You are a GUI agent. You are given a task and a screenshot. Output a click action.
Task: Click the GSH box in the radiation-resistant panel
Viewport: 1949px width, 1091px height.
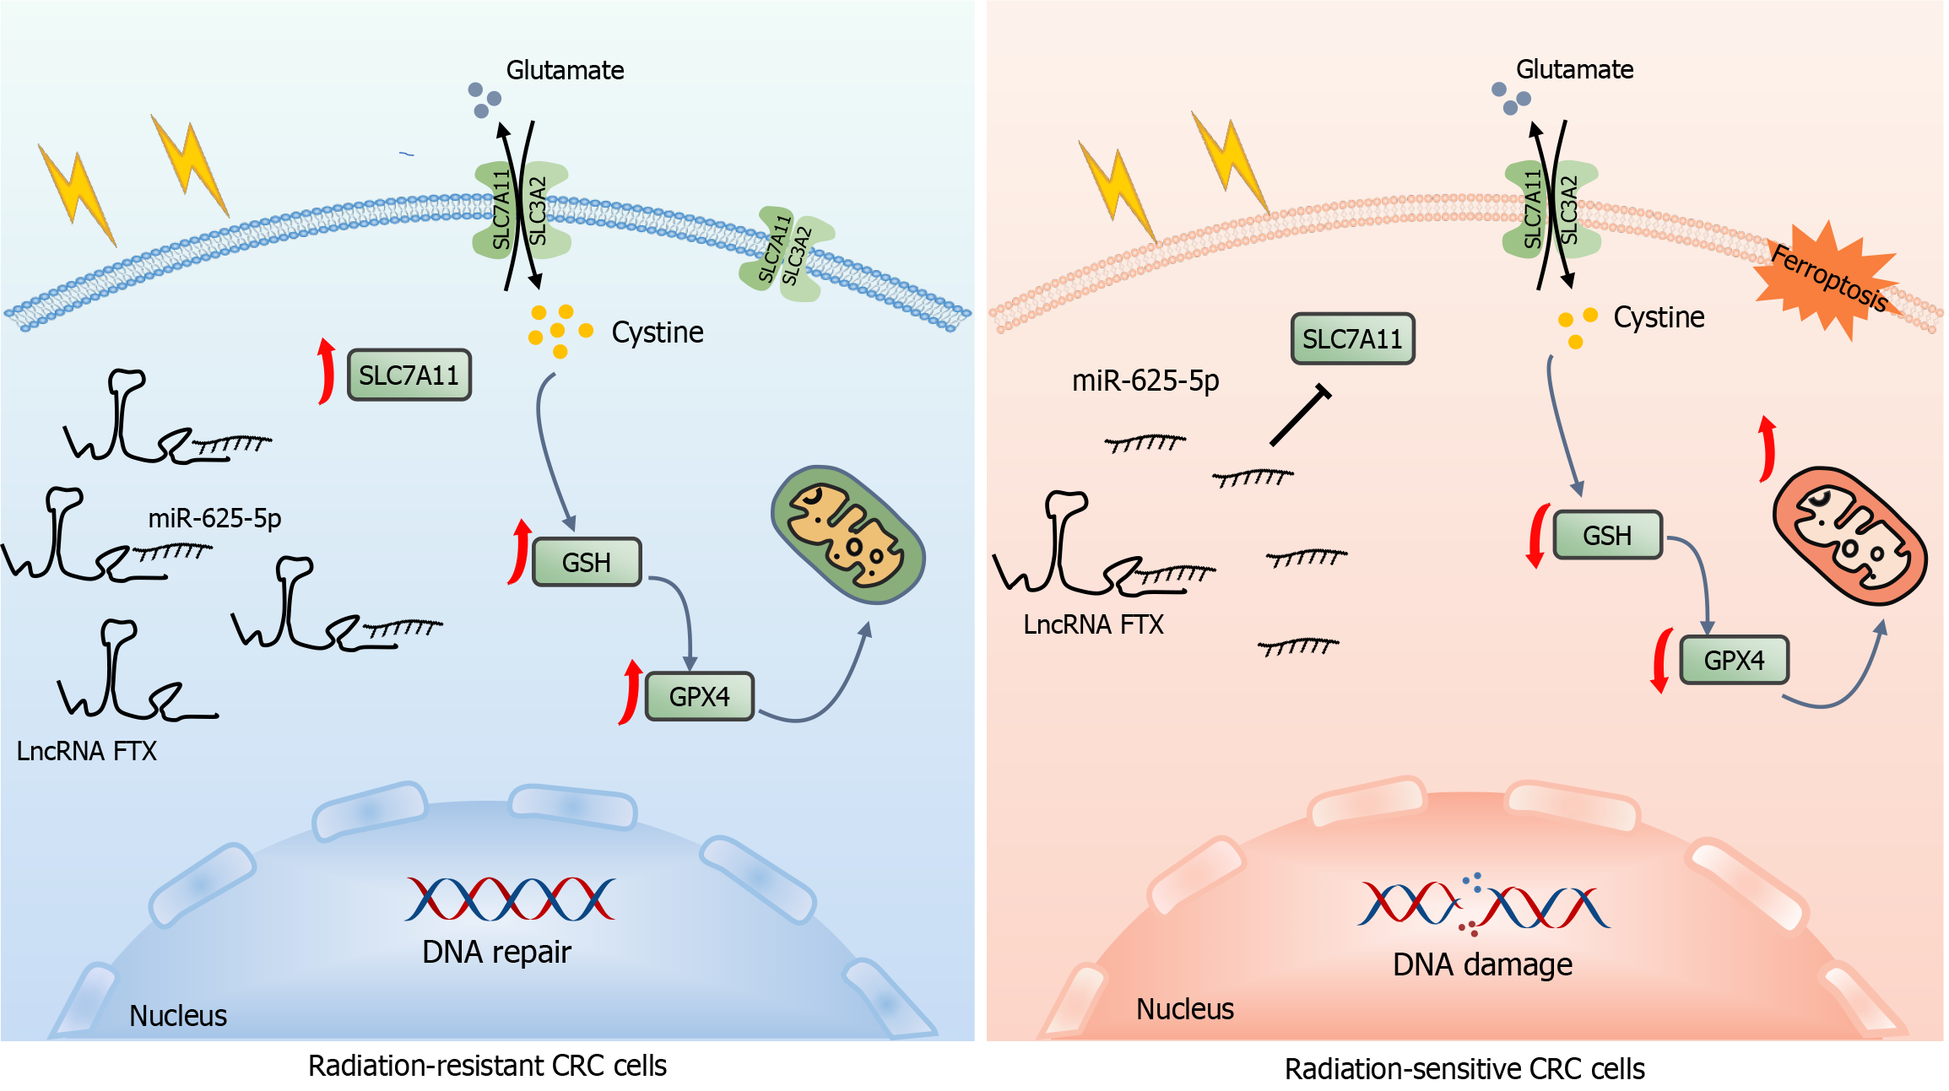tap(587, 562)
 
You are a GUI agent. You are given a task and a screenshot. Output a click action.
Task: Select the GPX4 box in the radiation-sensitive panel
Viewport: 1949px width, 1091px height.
tap(1734, 660)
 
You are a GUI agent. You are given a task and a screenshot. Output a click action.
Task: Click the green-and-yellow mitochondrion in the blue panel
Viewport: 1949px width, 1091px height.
tap(847, 534)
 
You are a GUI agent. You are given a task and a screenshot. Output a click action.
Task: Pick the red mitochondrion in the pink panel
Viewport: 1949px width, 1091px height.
tap(1849, 536)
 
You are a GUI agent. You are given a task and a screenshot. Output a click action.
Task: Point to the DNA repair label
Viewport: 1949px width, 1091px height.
tap(496, 952)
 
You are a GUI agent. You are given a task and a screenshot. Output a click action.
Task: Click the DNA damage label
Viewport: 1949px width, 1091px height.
tap(1482, 964)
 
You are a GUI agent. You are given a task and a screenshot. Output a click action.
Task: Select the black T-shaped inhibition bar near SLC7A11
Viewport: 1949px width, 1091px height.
tap(1300, 415)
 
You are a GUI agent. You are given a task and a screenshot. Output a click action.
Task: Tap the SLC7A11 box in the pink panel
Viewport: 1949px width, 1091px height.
tap(1352, 339)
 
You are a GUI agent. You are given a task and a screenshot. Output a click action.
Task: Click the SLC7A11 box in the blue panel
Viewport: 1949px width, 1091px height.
tap(409, 375)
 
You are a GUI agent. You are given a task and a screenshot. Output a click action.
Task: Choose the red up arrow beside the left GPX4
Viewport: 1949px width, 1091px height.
tap(630, 693)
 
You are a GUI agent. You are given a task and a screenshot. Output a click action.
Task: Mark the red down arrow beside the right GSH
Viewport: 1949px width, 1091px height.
tap(1537, 537)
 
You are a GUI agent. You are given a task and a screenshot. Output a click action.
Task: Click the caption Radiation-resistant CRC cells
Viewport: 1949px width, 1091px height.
tap(487, 1066)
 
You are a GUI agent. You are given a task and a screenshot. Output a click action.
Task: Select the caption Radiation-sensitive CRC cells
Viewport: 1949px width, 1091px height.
tap(1464, 1069)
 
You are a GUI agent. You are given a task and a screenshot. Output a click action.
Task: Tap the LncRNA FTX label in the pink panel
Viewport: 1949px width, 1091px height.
tap(1093, 624)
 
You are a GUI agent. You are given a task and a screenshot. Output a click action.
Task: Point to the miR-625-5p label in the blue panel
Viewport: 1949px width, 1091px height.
tap(214, 517)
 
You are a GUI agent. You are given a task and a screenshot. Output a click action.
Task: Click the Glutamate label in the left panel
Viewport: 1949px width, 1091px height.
tap(565, 70)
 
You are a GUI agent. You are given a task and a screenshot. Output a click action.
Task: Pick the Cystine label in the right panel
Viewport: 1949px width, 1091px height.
tap(1659, 317)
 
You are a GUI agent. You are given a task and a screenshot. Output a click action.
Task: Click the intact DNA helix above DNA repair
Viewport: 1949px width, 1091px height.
tap(510, 899)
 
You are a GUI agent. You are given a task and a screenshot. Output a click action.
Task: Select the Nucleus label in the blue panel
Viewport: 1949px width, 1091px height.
tap(178, 1015)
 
